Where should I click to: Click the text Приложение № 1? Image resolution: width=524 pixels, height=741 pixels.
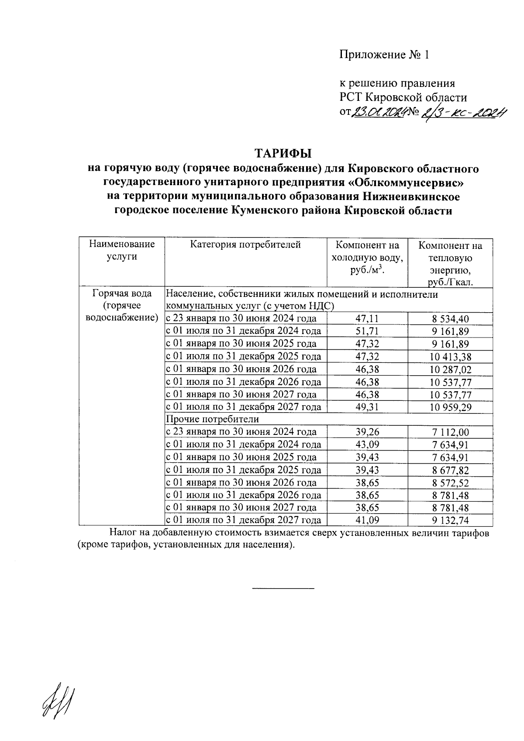click(x=385, y=55)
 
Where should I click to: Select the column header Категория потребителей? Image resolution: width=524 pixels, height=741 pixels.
click(x=245, y=245)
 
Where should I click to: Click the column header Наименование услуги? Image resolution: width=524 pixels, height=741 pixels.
click(x=122, y=250)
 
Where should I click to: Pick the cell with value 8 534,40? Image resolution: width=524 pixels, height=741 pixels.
click(x=450, y=319)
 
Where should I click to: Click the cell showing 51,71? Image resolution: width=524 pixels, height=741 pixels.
click(x=367, y=331)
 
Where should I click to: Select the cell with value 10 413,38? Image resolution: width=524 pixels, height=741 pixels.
click(x=450, y=357)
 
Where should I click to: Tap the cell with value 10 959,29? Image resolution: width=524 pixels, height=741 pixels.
click(x=450, y=407)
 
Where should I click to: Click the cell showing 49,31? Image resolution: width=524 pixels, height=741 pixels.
click(x=367, y=407)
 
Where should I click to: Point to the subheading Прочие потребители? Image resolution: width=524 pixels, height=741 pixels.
click(x=213, y=420)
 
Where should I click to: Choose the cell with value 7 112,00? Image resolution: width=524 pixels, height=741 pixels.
click(x=450, y=432)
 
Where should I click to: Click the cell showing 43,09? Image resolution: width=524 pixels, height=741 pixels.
click(x=367, y=445)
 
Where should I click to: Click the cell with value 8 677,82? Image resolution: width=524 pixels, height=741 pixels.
click(x=450, y=470)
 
